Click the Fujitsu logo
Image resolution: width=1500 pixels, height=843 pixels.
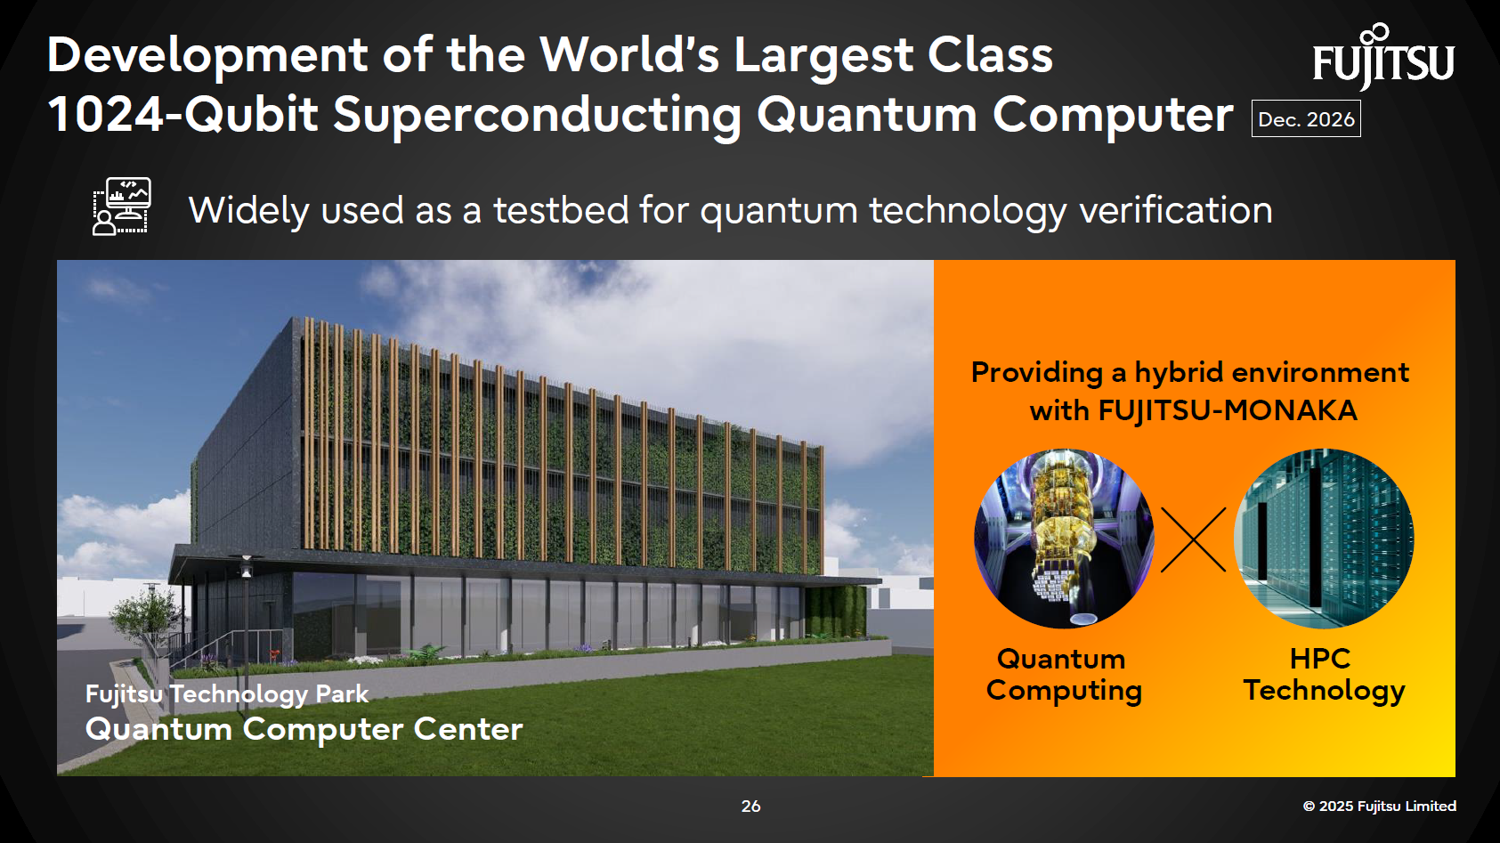[1382, 59]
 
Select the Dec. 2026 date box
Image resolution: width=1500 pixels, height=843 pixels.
[1306, 119]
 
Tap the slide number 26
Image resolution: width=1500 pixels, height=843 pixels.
[750, 806]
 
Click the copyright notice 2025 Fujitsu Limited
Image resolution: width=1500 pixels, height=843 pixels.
[1379, 806]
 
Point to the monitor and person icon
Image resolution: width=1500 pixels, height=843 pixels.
[122, 207]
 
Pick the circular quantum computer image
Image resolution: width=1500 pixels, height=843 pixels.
[1064, 538]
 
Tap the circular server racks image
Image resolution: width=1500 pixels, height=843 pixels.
[1324, 538]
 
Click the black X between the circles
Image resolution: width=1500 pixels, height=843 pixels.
[1194, 539]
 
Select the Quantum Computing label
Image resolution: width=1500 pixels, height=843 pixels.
[1063, 674]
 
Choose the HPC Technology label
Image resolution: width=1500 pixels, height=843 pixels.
[1323, 674]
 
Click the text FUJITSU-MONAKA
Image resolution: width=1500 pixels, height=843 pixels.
[1228, 410]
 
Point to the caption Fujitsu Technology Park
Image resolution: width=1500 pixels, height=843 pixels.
[226, 693]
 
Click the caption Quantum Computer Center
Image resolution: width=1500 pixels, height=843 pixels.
[304, 729]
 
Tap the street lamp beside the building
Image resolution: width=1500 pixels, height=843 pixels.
[246, 605]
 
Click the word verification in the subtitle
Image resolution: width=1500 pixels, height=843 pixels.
[1175, 211]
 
